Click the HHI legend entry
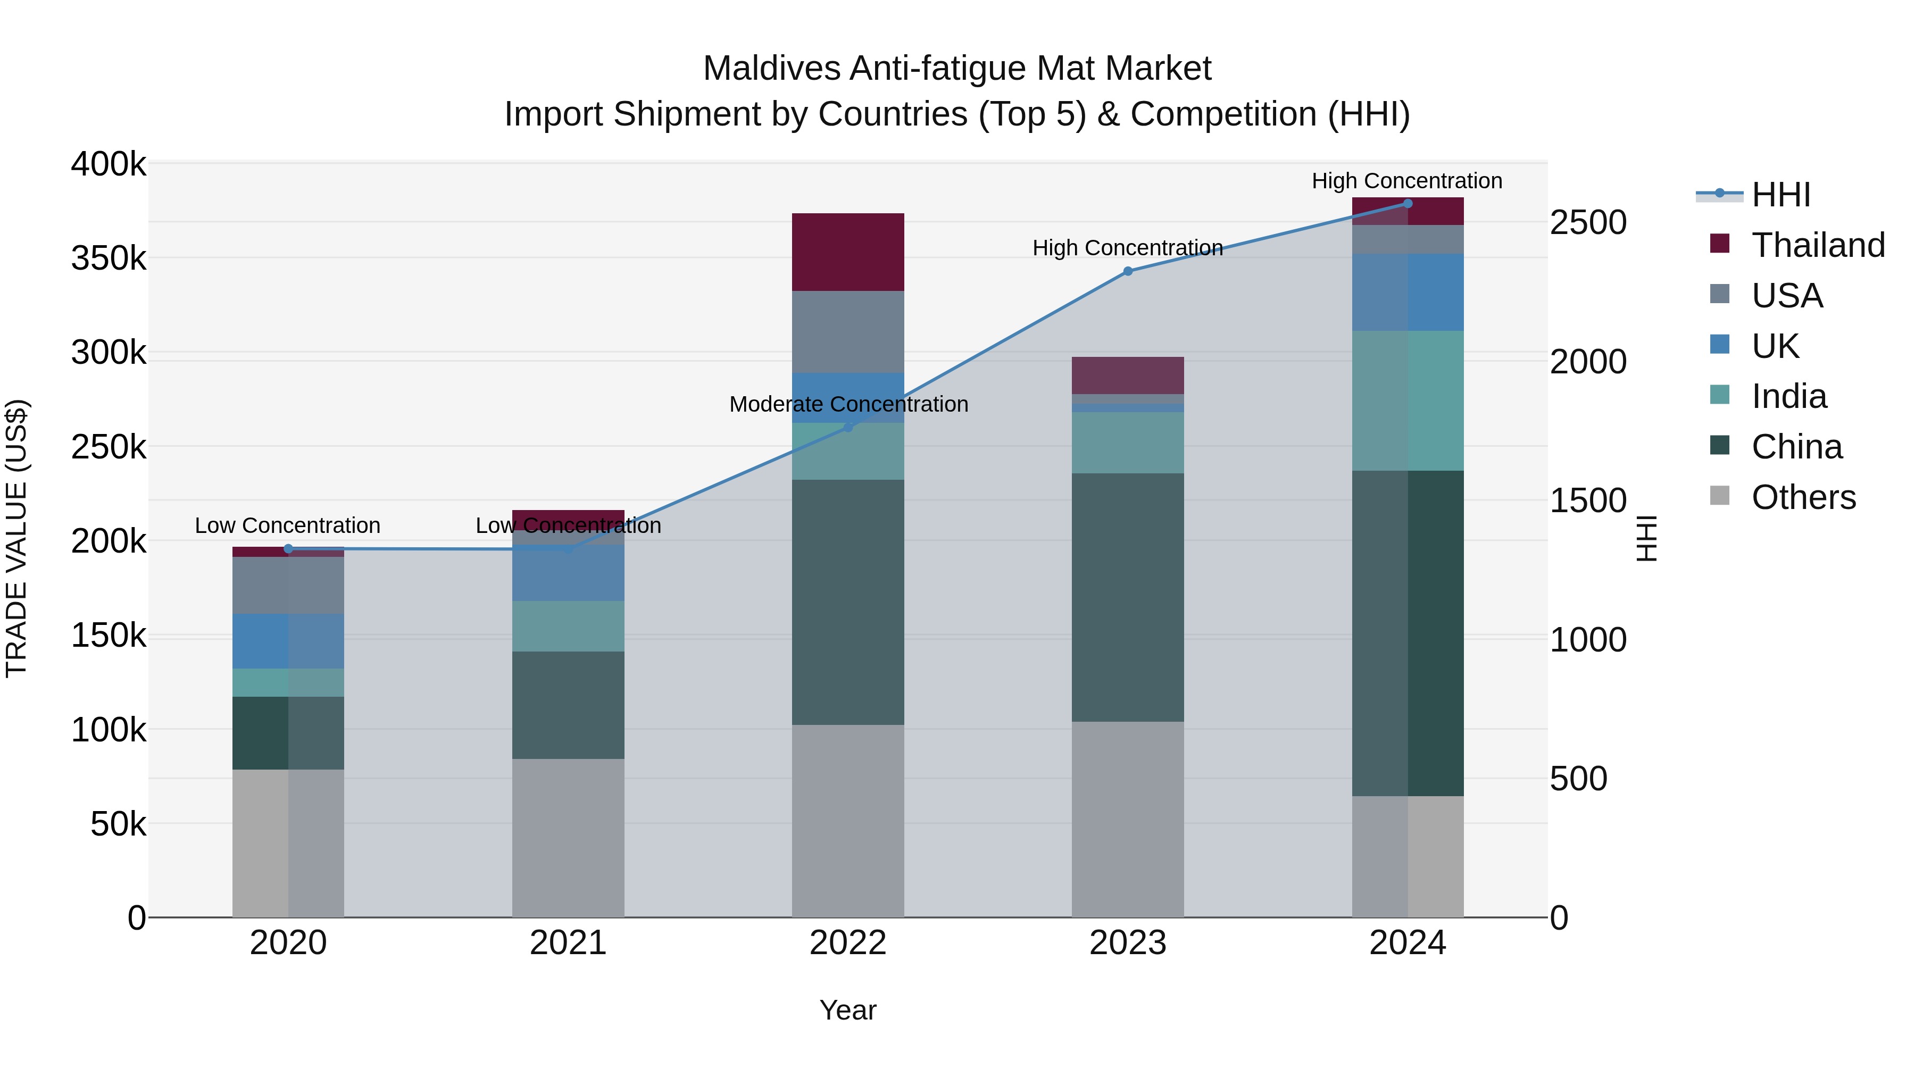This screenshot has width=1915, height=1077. click(x=1780, y=195)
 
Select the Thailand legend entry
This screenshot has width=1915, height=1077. click(x=1817, y=245)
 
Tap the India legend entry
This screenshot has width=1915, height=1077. click(x=1788, y=396)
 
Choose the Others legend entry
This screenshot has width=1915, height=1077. click(x=1803, y=497)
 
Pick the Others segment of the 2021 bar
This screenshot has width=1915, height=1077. click(x=568, y=838)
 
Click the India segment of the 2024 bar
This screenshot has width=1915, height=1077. click(x=1407, y=400)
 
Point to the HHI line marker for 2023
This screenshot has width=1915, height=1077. click(x=1127, y=271)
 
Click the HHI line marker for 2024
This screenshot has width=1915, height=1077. click(x=1407, y=204)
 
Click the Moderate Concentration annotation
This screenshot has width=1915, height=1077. click(x=848, y=404)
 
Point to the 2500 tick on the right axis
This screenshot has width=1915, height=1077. click(x=1588, y=223)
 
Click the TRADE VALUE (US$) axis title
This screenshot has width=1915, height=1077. click(x=16, y=538)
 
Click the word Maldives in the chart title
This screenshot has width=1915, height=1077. click(x=772, y=69)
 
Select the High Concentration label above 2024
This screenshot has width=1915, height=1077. click(x=1406, y=181)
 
